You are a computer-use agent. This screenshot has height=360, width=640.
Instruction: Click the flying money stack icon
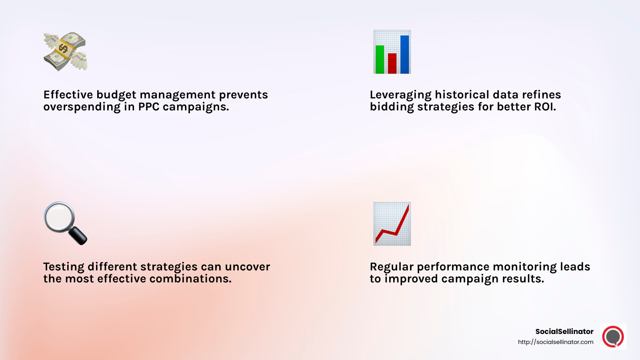click(65, 52)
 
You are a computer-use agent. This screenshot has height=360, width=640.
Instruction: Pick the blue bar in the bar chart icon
click(404, 54)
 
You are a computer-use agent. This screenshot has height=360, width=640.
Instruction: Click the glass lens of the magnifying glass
click(59, 217)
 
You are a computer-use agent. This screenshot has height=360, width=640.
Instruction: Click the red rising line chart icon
click(392, 224)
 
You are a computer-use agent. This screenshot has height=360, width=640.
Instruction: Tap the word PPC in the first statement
click(149, 107)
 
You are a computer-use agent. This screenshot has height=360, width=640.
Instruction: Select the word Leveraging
click(400, 95)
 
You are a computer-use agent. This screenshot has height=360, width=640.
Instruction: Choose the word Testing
click(64, 267)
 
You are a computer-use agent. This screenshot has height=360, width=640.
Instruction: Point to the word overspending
click(82, 107)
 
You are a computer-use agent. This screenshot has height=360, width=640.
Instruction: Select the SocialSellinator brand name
click(564, 331)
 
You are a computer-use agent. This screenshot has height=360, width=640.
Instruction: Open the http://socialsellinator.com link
click(555, 342)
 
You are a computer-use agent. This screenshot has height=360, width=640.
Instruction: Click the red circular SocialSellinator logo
click(613, 336)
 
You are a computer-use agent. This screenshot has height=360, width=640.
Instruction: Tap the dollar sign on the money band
click(63, 49)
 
